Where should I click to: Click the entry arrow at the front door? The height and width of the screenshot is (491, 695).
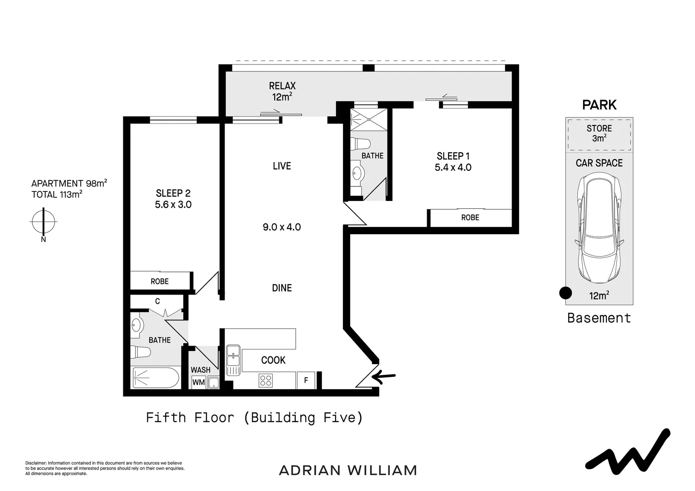(x=384, y=376)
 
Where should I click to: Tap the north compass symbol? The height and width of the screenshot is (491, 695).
(x=43, y=222)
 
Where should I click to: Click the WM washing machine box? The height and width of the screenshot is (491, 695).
(x=198, y=382)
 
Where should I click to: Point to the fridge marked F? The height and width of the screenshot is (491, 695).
(x=306, y=380)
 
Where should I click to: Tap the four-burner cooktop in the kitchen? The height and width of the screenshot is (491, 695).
(x=266, y=380)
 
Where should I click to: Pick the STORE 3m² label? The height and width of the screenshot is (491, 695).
(x=599, y=133)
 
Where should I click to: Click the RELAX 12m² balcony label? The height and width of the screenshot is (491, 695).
(x=282, y=91)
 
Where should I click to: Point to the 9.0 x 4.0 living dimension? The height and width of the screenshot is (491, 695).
(x=282, y=227)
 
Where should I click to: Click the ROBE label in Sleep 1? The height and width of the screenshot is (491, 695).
(x=470, y=218)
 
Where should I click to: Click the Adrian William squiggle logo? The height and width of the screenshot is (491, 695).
(x=627, y=450)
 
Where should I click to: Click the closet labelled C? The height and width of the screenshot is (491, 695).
(x=157, y=301)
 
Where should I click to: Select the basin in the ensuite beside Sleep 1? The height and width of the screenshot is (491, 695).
(x=358, y=173)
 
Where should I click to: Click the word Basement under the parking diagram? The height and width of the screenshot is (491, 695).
(x=599, y=318)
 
